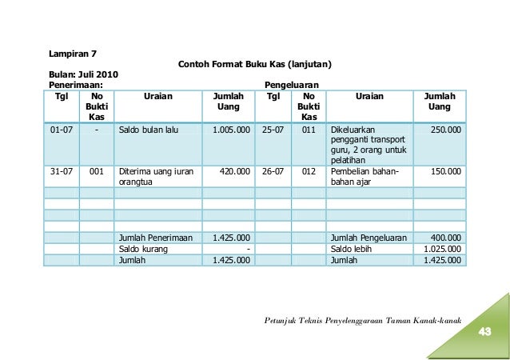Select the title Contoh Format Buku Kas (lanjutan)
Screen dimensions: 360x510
coord(254,64)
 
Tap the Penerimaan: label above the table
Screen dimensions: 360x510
coord(75,84)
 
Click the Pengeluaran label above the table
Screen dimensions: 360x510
coord(291,84)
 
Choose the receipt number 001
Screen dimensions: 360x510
coord(97,170)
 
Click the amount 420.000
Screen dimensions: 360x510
coord(234,170)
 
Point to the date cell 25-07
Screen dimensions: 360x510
coord(273,128)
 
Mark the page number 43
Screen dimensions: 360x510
coord(484,332)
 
